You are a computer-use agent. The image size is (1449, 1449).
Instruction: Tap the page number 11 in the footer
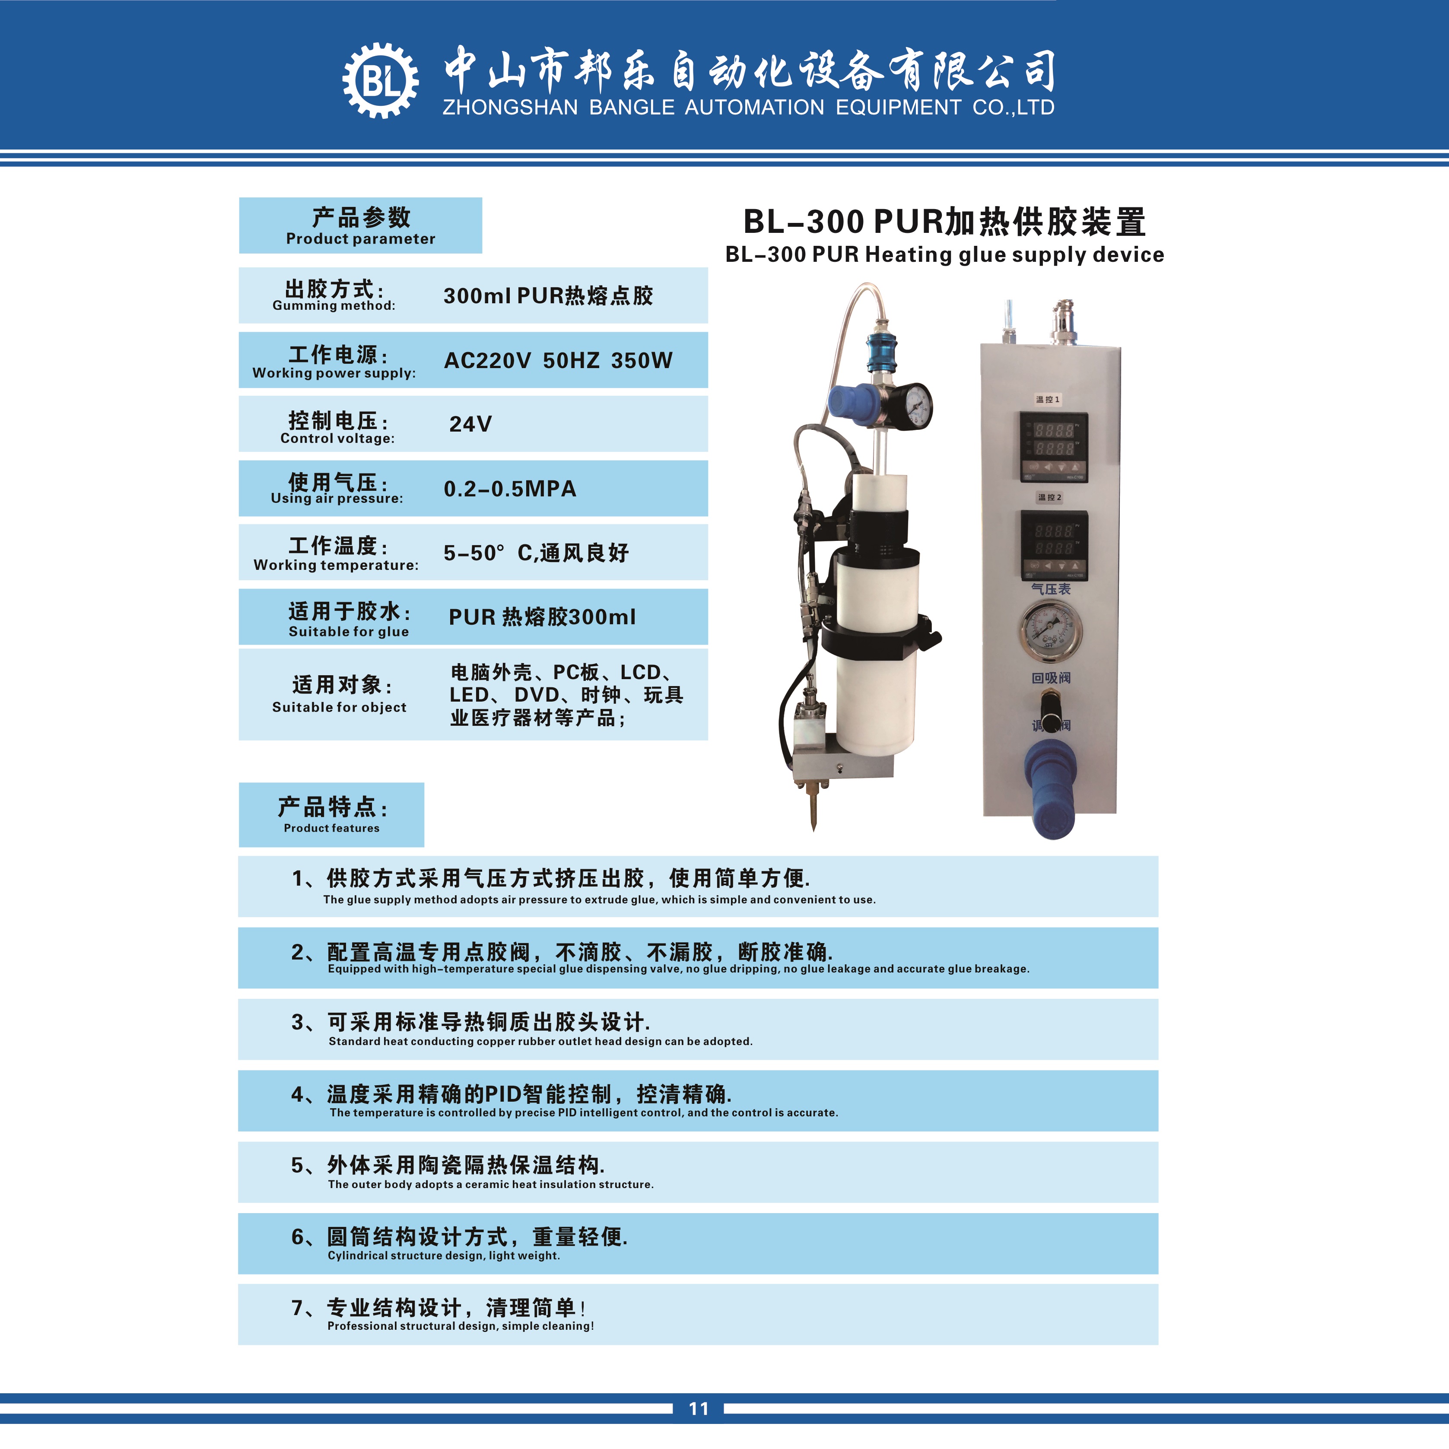point(698,1408)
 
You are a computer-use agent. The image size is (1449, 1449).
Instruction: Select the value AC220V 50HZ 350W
point(558,361)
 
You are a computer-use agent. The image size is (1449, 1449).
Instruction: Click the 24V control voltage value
point(470,424)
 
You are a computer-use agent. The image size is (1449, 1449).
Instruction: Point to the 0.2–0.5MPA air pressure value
point(510,489)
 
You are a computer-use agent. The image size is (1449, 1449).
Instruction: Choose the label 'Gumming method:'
point(334,305)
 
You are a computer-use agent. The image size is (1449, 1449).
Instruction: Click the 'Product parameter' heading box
point(360,225)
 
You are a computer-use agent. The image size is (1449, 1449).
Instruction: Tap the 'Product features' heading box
point(331,814)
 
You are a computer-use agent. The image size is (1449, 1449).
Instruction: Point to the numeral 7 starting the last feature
point(298,1308)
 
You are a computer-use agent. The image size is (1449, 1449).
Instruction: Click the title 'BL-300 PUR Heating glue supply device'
point(944,255)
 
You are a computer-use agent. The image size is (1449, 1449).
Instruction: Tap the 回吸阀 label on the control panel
point(1051,678)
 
